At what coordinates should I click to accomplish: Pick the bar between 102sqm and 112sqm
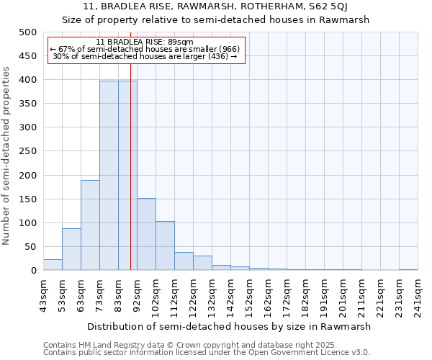(x=165, y=246)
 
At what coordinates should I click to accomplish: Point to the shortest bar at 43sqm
(x=53, y=265)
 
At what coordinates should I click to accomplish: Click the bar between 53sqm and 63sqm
(x=71, y=249)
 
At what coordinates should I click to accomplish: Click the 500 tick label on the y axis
(x=27, y=32)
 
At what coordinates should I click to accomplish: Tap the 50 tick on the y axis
(x=30, y=247)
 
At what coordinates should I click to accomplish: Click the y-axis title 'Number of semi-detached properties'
(x=7, y=156)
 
